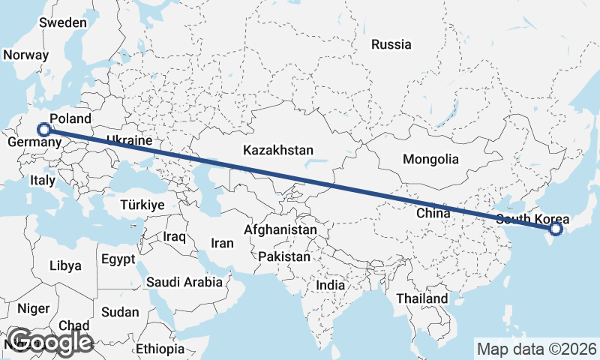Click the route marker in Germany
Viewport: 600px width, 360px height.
[44, 129]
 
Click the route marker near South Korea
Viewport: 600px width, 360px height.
[555, 229]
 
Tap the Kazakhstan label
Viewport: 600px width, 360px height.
[278, 151]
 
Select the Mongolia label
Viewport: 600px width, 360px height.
[430, 159]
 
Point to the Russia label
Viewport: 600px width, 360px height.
[391, 44]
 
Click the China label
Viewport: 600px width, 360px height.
[433, 213]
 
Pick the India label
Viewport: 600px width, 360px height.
[331, 285]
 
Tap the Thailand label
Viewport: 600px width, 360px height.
[422, 298]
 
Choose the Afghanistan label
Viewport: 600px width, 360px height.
[280, 229]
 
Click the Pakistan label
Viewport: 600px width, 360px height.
[284, 256]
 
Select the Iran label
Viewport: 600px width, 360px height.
[223, 243]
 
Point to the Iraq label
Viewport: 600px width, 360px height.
[174, 236]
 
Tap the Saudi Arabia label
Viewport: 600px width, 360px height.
[184, 282]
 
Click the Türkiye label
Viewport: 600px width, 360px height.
[142, 204]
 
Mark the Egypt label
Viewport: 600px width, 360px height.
[118, 259]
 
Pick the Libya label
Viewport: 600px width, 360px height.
[65, 265]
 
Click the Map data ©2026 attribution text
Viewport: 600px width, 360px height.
[537, 349]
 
